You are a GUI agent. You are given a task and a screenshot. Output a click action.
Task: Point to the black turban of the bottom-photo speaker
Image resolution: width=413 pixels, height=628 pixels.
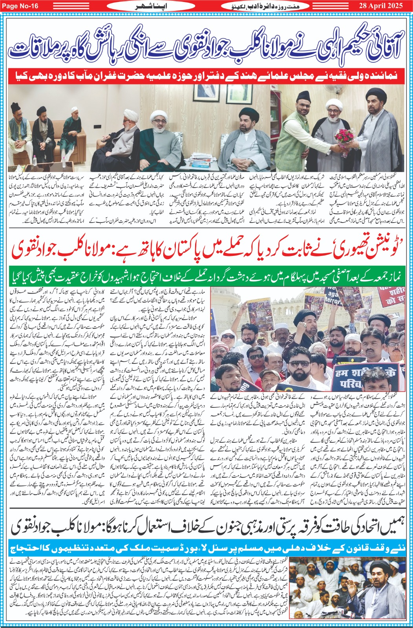pyautogui.click(x=377, y=565)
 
